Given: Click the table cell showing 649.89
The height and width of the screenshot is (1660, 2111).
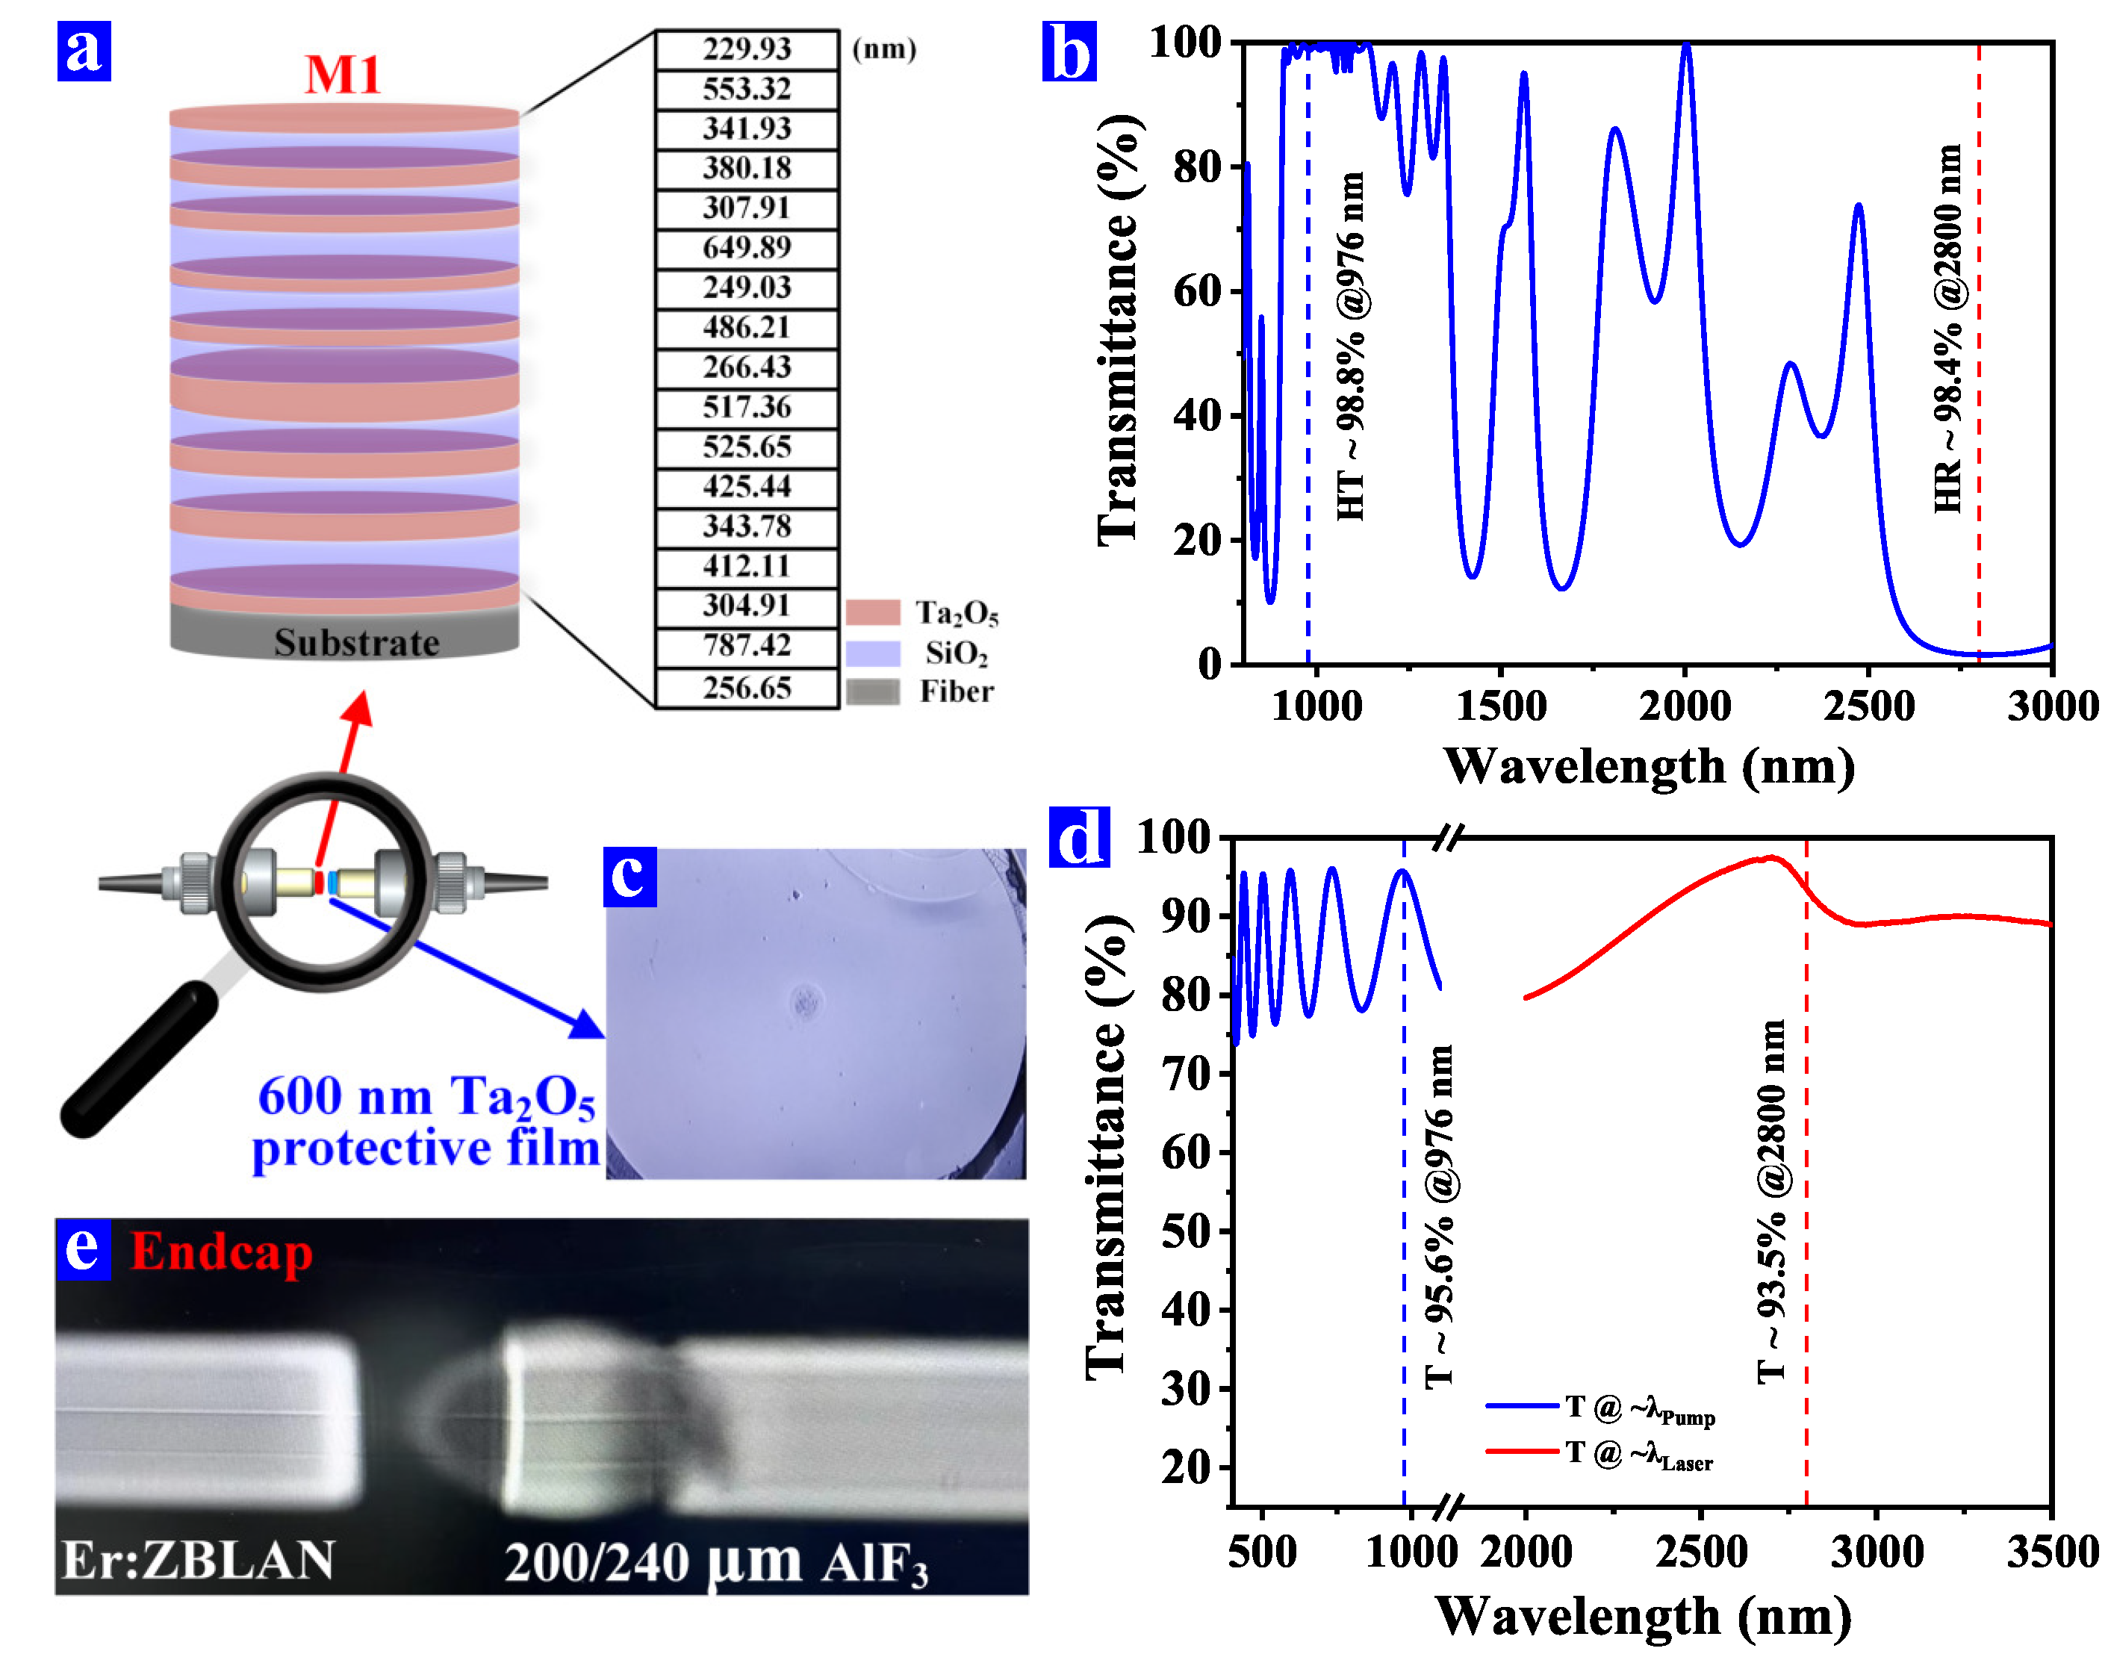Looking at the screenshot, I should tap(747, 248).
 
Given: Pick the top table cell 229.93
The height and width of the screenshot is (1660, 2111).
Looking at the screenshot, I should tap(747, 49).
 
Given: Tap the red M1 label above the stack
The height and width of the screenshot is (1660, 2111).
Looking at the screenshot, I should tap(342, 75).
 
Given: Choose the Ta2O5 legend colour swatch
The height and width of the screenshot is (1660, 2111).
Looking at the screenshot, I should tap(872, 613).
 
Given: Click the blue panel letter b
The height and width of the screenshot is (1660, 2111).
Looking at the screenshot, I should tap(1069, 52).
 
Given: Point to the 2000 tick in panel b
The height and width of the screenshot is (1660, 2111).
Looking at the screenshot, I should tap(1685, 706).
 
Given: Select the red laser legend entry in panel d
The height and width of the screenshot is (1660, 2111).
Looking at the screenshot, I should tap(1599, 1455).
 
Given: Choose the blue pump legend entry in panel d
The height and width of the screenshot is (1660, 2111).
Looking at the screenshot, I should tap(1599, 1409).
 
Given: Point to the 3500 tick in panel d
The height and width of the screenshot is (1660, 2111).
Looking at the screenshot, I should tap(2051, 1552).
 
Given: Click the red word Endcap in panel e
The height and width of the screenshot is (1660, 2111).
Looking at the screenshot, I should tap(222, 1252).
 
